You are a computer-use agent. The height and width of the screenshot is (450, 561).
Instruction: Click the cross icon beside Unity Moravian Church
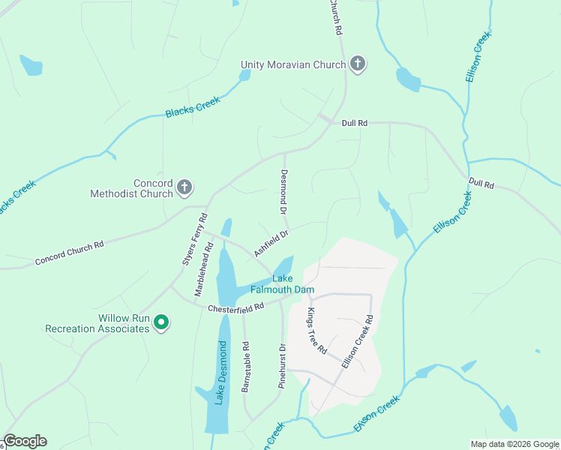tap(358, 64)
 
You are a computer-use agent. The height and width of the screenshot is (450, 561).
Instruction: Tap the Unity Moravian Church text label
tap(293, 64)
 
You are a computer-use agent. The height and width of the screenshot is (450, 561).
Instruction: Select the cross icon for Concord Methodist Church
tap(184, 187)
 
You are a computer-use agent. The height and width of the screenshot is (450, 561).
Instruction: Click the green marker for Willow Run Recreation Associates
tap(160, 322)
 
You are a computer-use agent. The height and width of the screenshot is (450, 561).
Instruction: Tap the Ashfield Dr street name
tap(271, 244)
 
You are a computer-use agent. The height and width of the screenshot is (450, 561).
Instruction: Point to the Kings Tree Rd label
tap(317, 330)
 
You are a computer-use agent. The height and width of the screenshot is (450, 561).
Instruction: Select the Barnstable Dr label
tap(245, 368)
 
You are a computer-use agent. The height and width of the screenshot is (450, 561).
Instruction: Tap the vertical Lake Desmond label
tap(220, 373)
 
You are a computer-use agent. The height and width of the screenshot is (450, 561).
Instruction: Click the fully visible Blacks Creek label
tap(193, 109)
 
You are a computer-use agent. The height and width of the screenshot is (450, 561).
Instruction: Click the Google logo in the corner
tap(25, 441)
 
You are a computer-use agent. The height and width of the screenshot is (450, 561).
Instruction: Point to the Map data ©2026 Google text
tap(514, 443)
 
